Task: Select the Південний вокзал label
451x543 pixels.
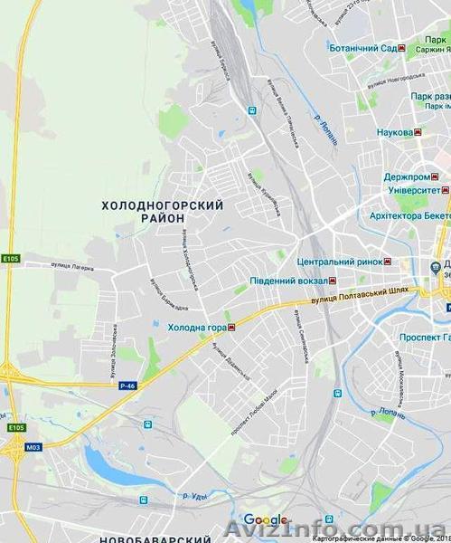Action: (x=291, y=281)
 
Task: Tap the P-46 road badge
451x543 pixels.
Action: (x=127, y=385)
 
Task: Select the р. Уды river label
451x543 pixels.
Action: (x=195, y=497)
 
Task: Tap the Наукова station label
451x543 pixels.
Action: (x=394, y=132)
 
